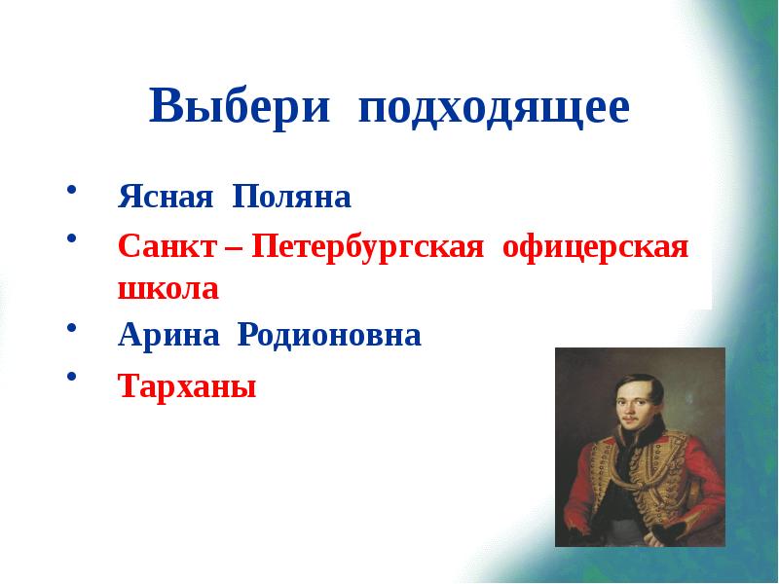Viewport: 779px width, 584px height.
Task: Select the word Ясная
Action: click(x=167, y=199)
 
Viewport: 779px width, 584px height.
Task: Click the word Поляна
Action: click(x=290, y=199)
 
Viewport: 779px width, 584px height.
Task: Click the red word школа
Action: click(x=168, y=288)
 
